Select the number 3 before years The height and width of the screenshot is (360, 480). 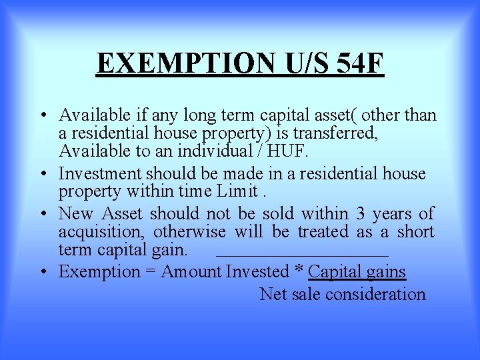[360, 214]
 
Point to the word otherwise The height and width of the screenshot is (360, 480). [193, 232]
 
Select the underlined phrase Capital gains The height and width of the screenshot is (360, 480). [357, 272]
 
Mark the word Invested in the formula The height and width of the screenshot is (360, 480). [257, 272]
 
